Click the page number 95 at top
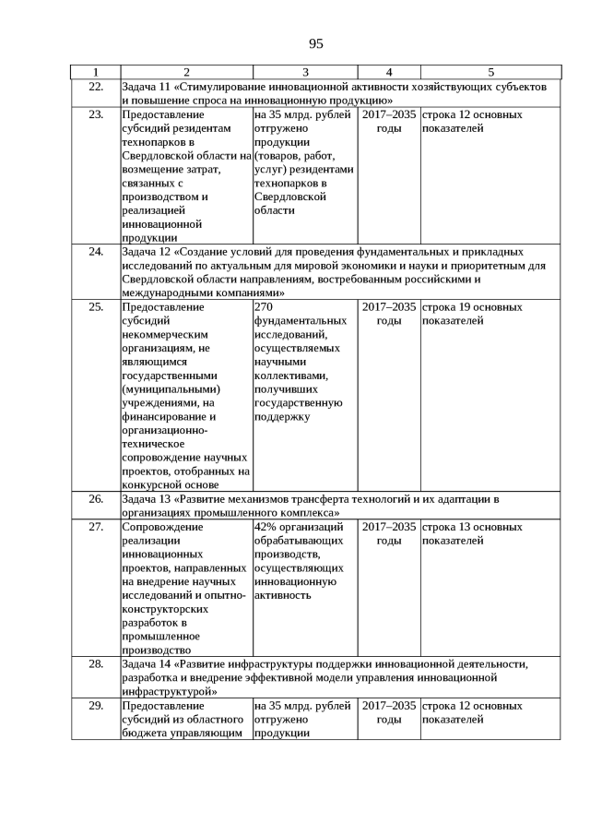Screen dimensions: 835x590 pos(316,43)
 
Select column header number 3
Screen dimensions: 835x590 pos(305,72)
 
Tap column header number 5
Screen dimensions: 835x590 pos(490,72)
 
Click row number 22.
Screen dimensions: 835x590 pos(95,86)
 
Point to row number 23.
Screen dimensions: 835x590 pos(95,115)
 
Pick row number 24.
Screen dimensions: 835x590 pos(95,251)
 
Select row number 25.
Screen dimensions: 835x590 pos(95,307)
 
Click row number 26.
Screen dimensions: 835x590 pos(95,499)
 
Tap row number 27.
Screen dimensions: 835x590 pos(95,528)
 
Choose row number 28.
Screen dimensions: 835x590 pos(95,663)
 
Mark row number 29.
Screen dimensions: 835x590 pos(95,706)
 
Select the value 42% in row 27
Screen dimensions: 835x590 pos(266,528)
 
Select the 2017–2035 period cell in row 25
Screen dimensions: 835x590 pos(389,314)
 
